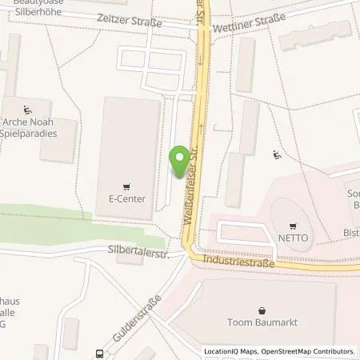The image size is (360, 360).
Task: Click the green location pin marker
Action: (181, 162)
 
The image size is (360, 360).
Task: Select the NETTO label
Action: (294, 238)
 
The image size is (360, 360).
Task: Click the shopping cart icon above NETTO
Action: (294, 225)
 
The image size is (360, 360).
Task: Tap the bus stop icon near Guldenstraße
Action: (99, 353)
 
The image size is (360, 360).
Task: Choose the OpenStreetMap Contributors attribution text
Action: (313, 351)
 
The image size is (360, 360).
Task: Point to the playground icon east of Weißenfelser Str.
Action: (278, 155)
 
